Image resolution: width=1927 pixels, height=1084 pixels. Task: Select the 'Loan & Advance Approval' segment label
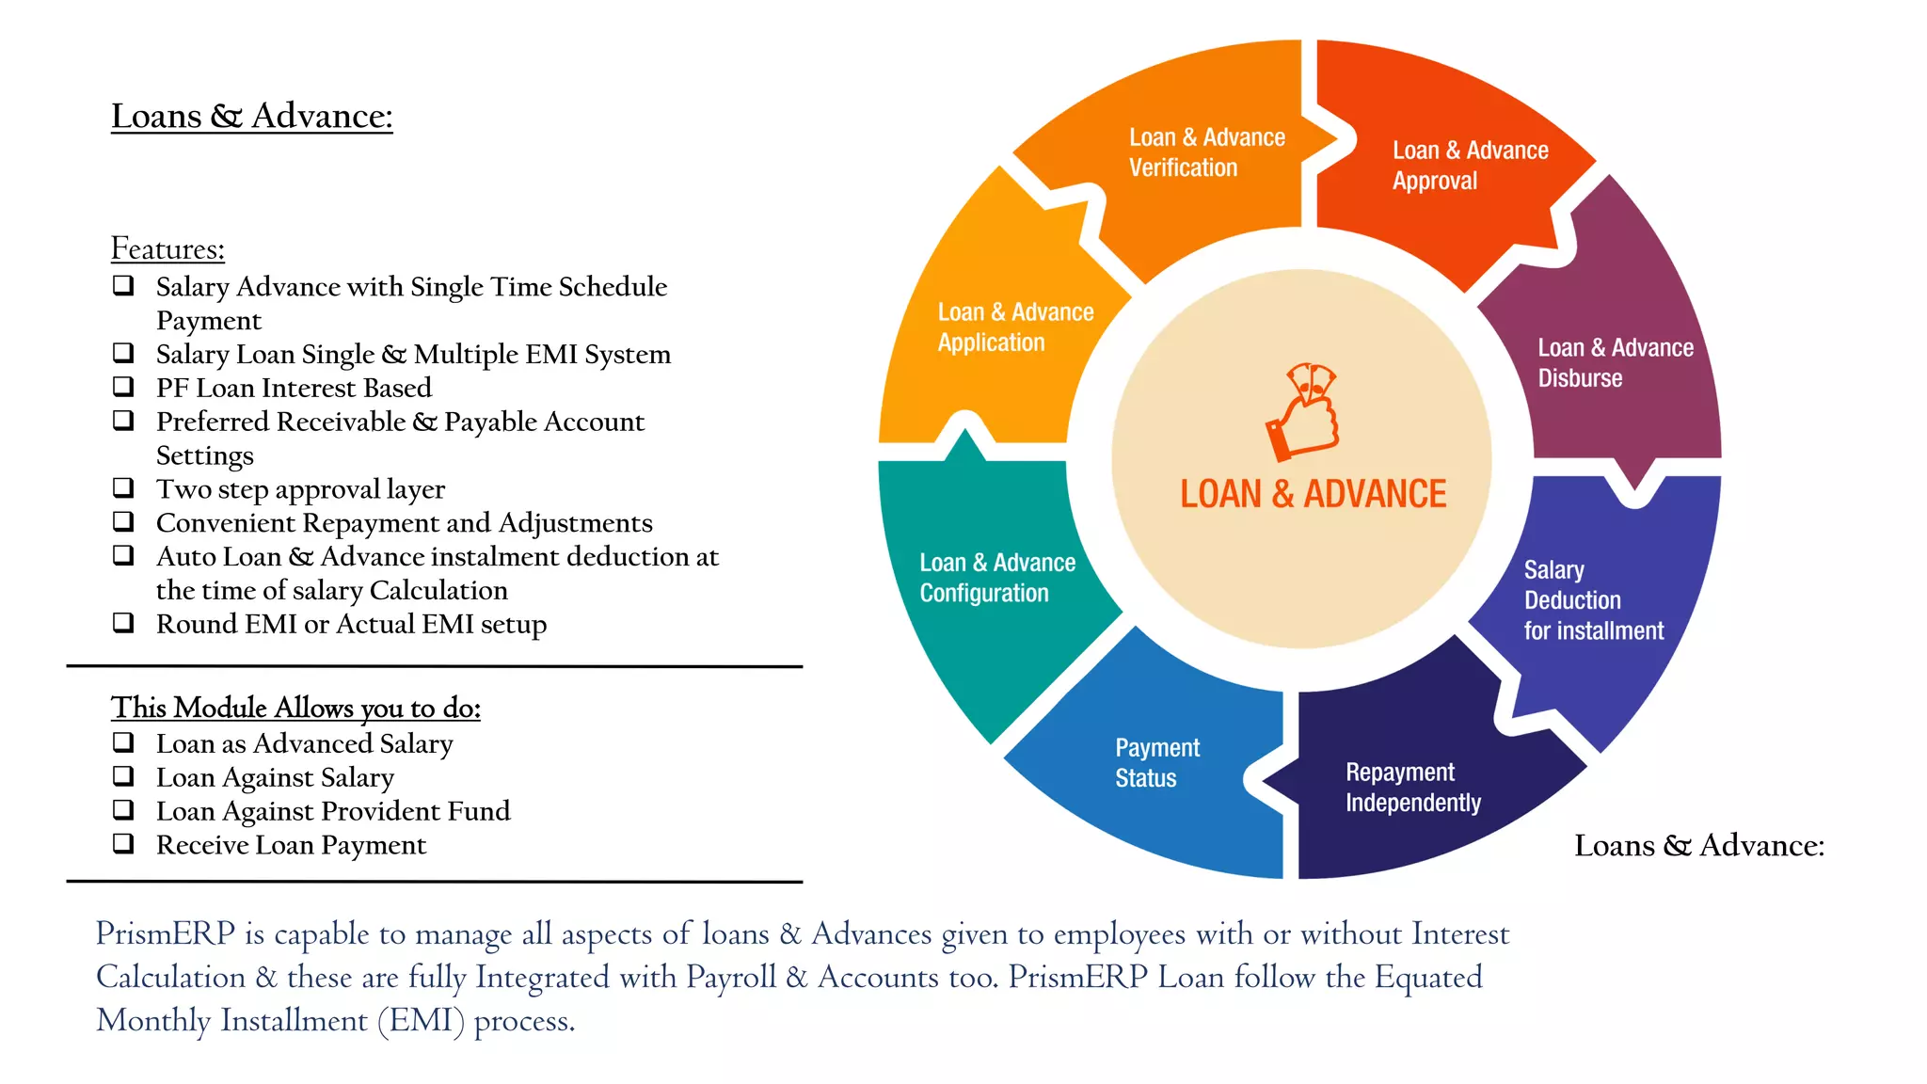[1469, 166]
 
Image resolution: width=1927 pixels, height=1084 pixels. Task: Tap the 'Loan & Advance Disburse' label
[1615, 363]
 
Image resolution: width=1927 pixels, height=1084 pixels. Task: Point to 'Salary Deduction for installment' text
[1593, 600]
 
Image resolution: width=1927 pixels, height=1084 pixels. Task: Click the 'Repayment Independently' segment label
[1412, 788]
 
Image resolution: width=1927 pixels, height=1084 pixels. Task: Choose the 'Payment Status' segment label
[1156, 763]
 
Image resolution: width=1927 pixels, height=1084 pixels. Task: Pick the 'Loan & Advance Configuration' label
[996, 578]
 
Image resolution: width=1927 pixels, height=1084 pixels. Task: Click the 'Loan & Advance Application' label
[1014, 327]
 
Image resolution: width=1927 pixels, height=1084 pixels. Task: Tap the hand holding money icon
[1303, 411]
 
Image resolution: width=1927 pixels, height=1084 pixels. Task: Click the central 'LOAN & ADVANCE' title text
[1313, 494]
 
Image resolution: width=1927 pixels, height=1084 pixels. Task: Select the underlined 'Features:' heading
[167, 248]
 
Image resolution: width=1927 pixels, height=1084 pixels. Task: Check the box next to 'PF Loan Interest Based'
[123, 386]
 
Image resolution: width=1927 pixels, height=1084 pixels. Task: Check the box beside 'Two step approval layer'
[123, 487]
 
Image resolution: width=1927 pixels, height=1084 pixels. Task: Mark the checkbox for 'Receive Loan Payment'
[123, 843]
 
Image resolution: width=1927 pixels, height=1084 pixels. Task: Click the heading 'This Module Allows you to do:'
[295, 708]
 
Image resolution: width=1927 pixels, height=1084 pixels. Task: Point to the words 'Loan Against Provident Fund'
[333, 811]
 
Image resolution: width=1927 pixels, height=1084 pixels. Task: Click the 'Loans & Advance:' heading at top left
[251, 116]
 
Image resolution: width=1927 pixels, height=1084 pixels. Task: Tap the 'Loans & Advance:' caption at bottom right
[1698, 845]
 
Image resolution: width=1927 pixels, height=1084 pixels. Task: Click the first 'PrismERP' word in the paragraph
[166, 933]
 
